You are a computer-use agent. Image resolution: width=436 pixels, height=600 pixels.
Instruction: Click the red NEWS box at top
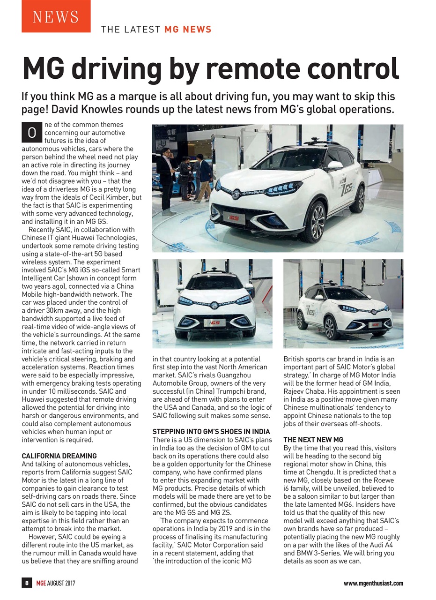(56, 16)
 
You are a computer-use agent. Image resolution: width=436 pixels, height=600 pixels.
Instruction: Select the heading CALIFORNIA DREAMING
(59, 456)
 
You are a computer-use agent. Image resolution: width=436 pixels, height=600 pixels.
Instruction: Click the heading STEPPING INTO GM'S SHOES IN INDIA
(211, 432)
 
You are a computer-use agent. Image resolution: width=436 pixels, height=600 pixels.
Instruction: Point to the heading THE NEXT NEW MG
(313, 440)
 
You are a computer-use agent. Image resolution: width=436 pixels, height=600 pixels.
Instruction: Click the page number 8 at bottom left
(27, 583)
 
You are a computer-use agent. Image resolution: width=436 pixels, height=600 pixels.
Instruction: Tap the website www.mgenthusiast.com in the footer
(373, 583)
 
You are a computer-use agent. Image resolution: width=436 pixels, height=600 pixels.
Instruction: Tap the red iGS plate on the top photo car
(234, 217)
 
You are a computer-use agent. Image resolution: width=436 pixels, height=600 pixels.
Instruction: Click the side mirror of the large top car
(334, 165)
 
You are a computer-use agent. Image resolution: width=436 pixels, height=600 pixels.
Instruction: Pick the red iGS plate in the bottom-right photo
(375, 324)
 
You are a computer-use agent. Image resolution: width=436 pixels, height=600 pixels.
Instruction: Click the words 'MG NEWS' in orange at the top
(187, 30)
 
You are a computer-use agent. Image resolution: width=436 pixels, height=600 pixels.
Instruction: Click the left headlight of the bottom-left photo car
(186, 300)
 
